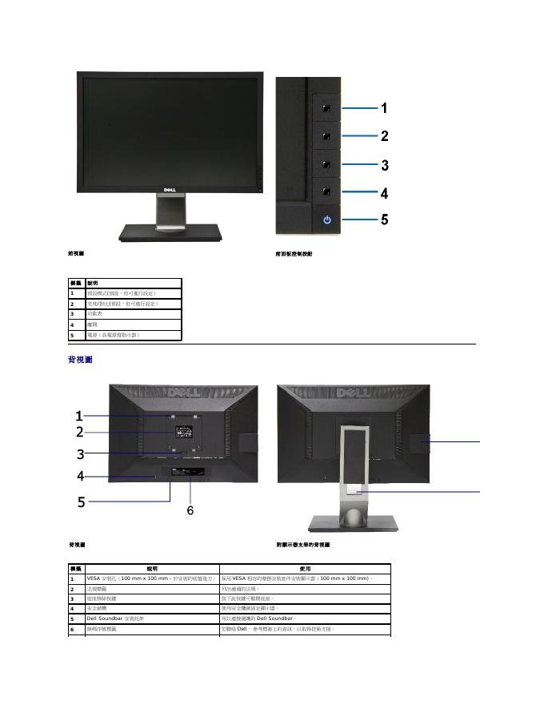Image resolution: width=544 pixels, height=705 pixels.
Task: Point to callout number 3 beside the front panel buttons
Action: [x=385, y=166]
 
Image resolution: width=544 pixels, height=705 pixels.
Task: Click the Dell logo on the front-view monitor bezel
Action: [x=170, y=191]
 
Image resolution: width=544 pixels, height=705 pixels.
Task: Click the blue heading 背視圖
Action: [x=80, y=361]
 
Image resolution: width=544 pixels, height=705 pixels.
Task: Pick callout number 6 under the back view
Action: [x=190, y=510]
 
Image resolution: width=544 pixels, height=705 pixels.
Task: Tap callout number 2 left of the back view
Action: [x=80, y=433]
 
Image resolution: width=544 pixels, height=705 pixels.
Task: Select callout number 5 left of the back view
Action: [x=81, y=502]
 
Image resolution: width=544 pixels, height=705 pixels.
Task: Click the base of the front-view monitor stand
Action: [x=170, y=232]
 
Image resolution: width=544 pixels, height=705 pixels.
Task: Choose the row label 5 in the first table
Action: [x=72, y=335]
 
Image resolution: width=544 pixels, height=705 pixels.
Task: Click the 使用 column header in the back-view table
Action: [x=305, y=568]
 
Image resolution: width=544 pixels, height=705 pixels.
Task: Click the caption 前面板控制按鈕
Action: [x=294, y=254]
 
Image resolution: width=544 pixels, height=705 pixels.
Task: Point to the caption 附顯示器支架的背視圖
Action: [x=303, y=545]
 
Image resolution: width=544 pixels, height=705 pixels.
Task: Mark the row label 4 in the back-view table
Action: [x=72, y=609]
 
